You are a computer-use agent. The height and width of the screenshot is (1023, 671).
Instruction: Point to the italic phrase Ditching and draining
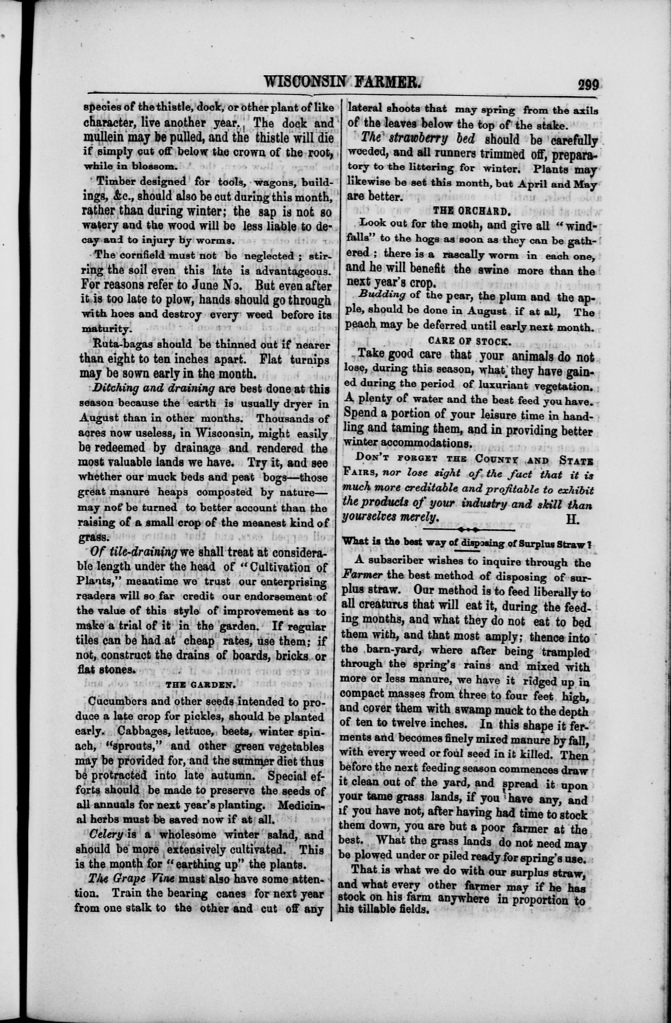(x=153, y=388)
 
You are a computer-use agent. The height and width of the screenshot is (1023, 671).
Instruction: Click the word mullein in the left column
(x=103, y=138)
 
